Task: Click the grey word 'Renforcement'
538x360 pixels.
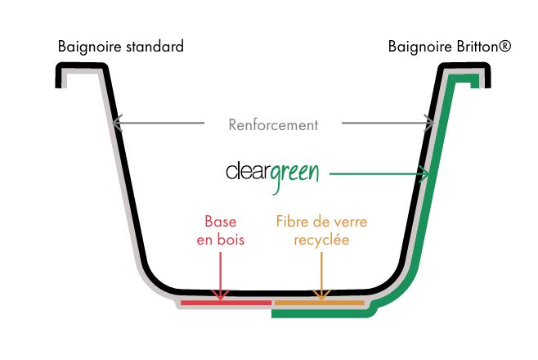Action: tap(272, 125)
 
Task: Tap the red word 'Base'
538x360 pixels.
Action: tap(220, 222)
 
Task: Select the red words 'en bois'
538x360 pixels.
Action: tap(220, 241)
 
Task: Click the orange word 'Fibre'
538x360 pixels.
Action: tap(291, 222)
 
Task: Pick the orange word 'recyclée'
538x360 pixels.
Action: tap(322, 241)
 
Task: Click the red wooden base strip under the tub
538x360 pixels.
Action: tap(226, 303)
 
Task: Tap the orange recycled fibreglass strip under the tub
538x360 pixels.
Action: tap(319, 303)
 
